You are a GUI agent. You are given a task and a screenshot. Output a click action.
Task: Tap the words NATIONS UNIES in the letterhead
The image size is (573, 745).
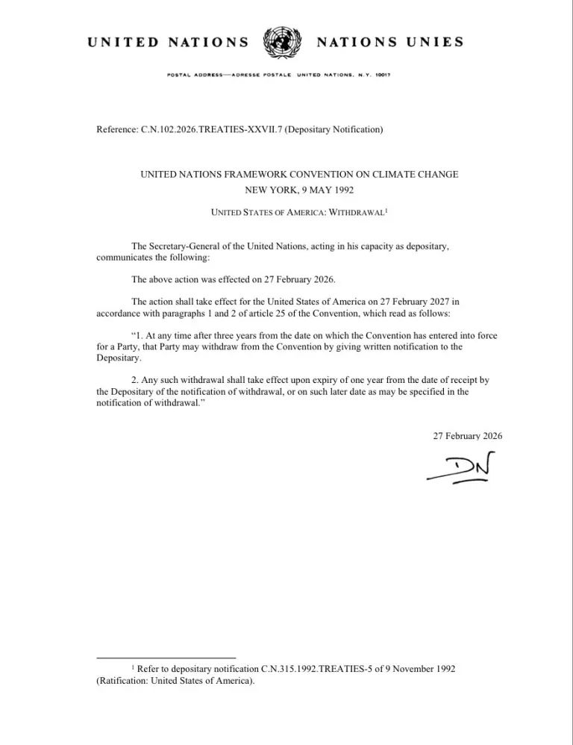[389, 42]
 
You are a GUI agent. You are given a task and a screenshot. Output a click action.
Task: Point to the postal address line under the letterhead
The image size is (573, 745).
[280, 75]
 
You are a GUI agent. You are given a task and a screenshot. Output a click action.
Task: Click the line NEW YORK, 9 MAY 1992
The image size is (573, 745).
[299, 190]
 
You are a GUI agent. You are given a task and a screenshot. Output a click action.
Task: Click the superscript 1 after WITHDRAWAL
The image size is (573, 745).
[386, 211]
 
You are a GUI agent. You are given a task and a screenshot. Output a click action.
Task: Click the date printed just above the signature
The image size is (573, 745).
[468, 436]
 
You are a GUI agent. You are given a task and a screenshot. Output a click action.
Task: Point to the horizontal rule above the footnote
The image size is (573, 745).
[166, 658]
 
